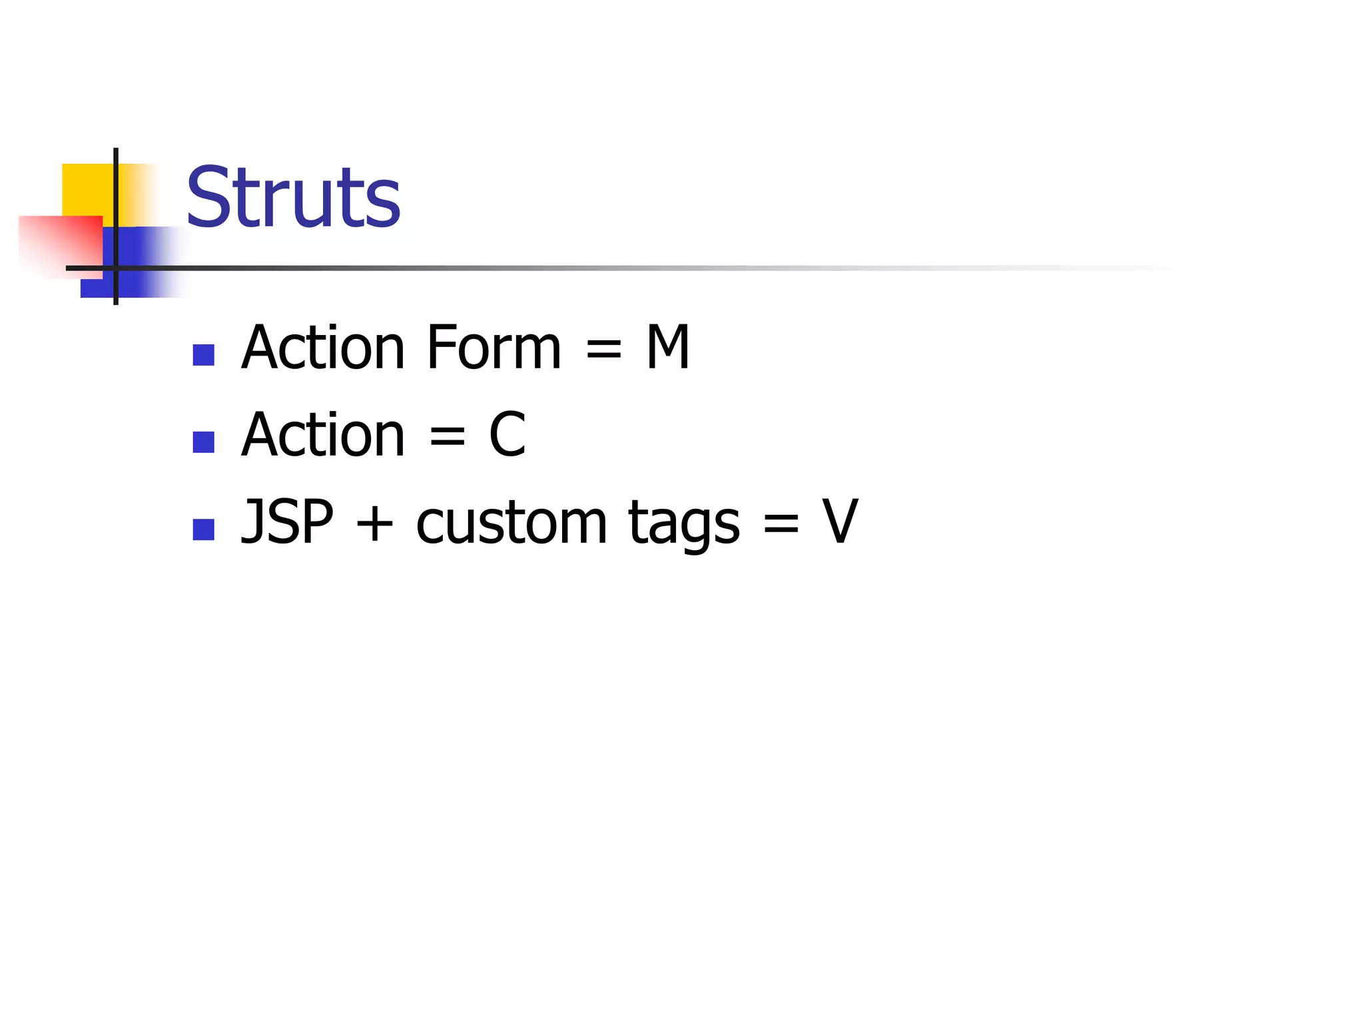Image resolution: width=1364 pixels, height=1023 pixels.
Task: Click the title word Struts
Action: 293,197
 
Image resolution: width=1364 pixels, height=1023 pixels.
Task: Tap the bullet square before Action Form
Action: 203,355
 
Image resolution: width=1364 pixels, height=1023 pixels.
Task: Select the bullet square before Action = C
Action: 203,442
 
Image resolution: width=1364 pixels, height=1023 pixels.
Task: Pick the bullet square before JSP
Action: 203,529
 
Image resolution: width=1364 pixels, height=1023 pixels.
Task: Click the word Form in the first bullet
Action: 494,347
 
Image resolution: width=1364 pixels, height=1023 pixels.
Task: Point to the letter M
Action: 667,347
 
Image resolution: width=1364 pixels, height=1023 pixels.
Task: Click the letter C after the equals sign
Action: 508,434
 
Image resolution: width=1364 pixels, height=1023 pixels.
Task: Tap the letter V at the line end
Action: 840,521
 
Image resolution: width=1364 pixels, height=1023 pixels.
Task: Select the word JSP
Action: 287,521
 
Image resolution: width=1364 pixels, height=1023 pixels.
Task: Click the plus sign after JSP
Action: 374,523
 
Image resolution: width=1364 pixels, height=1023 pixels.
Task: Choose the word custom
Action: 511,523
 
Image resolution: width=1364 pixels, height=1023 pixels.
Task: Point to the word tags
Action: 683,523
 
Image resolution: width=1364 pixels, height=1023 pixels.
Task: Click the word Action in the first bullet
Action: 323,347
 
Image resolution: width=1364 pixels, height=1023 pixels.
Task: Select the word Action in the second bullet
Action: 323,434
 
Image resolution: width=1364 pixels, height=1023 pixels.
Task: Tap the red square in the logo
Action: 60,243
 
